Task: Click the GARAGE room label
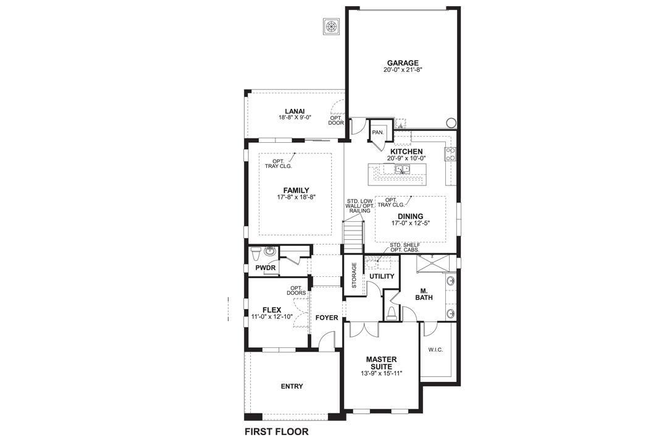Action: pos(403,62)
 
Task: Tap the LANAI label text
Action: pos(295,111)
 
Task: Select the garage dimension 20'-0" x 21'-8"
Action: pos(403,70)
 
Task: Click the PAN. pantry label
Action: pos(378,132)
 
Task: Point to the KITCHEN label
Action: pos(406,151)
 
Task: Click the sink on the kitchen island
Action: pos(403,169)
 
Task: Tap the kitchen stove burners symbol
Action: pos(451,154)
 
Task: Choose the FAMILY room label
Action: pos(296,190)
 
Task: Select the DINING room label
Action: pos(411,216)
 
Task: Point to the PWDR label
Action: pos(266,268)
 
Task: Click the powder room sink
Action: pos(269,252)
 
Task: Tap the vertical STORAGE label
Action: pos(354,276)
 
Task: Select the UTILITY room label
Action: pos(382,276)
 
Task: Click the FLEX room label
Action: pos(272,310)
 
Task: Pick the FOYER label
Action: pos(327,318)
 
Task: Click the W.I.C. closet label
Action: pos(435,349)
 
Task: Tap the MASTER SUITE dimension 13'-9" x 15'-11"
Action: pos(382,373)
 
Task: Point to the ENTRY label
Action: pos(292,386)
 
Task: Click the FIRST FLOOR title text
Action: pos(276,431)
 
